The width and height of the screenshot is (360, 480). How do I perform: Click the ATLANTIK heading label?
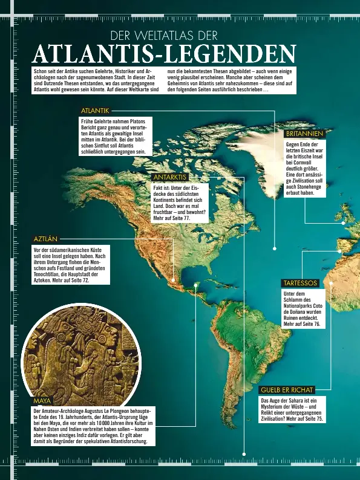(96, 111)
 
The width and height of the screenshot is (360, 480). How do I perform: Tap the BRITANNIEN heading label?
(306, 133)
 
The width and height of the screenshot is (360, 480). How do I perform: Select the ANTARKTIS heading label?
(171, 177)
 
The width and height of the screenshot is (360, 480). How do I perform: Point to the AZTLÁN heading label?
(46, 239)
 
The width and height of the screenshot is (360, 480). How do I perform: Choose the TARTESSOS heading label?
(300, 283)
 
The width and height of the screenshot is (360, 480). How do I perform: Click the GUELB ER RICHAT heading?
(287, 390)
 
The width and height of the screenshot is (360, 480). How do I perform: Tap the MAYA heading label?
(42, 401)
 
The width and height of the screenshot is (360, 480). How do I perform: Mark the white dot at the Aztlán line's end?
(174, 280)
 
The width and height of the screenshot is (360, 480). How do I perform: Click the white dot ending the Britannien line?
(343, 223)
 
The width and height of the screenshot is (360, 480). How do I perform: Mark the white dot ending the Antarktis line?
(244, 453)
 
